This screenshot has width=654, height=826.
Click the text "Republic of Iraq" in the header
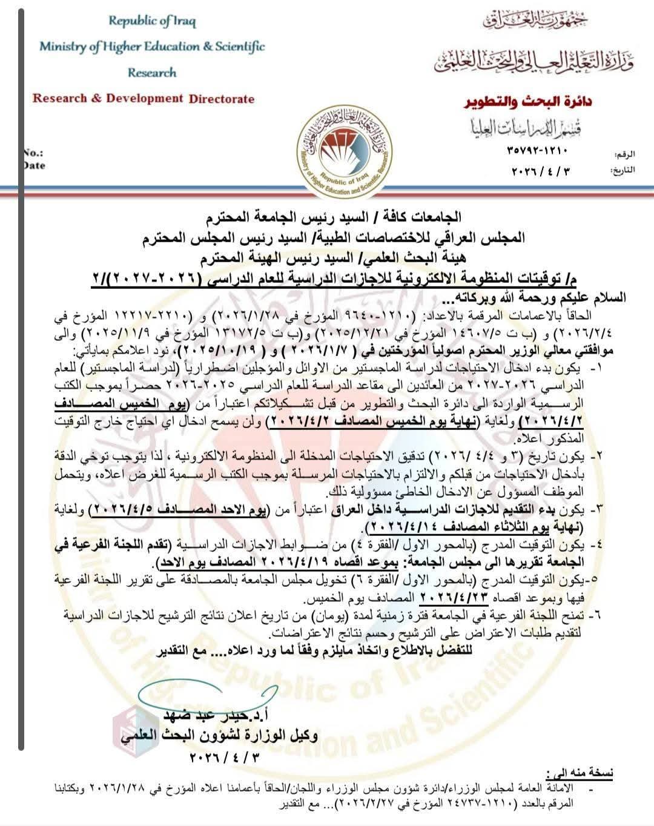point(152,21)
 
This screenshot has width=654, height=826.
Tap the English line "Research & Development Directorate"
point(144,98)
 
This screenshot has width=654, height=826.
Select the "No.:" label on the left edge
point(33,154)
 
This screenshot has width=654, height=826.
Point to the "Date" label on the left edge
point(34,165)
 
